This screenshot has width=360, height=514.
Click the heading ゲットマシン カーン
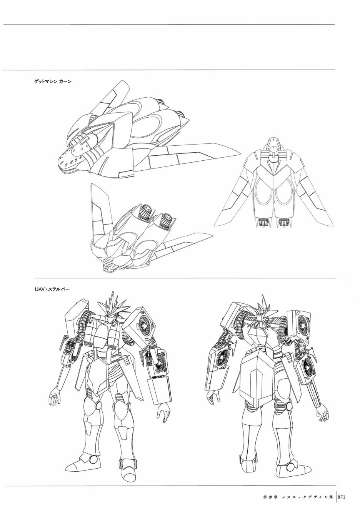pyautogui.click(x=53, y=81)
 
